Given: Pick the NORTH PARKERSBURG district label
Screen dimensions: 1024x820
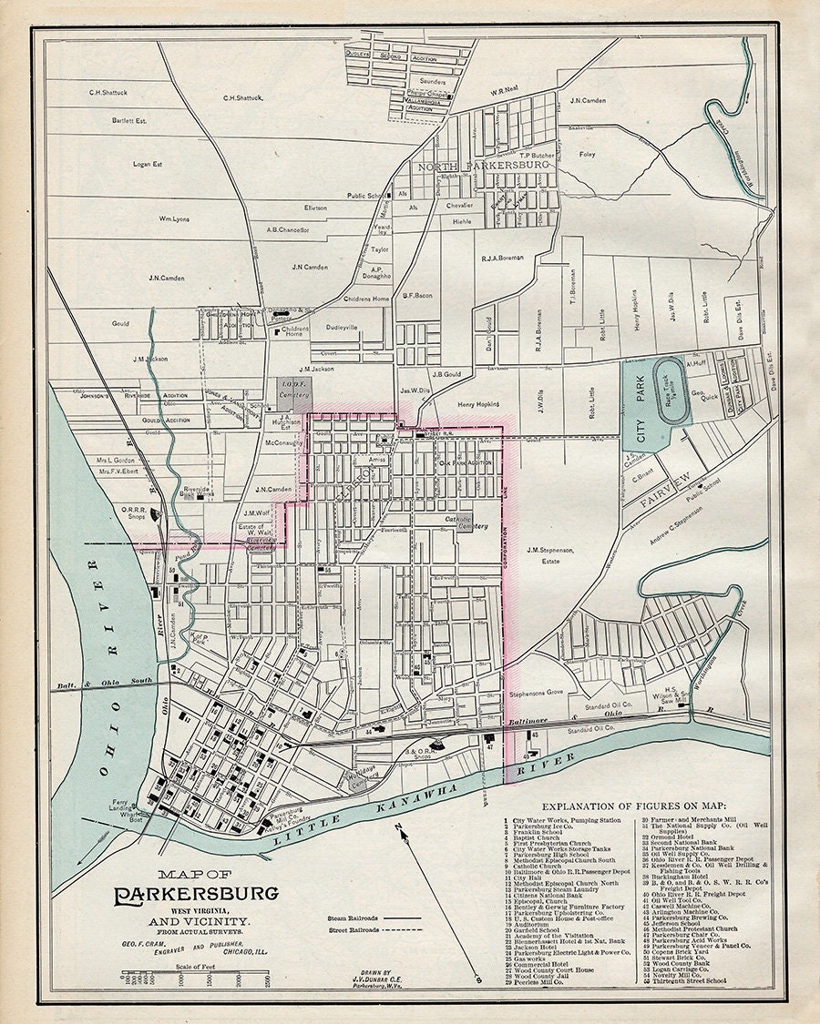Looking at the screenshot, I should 483,167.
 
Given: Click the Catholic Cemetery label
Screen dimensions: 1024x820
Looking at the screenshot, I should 466,522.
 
